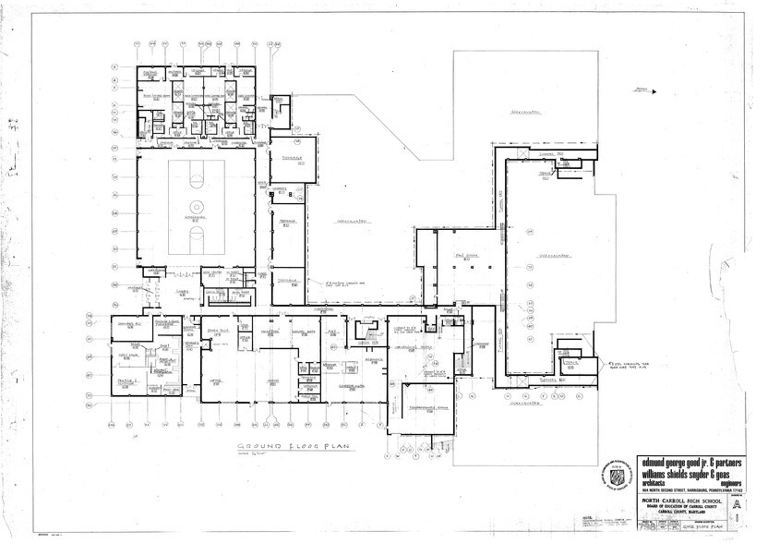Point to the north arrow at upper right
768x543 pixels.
642,90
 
